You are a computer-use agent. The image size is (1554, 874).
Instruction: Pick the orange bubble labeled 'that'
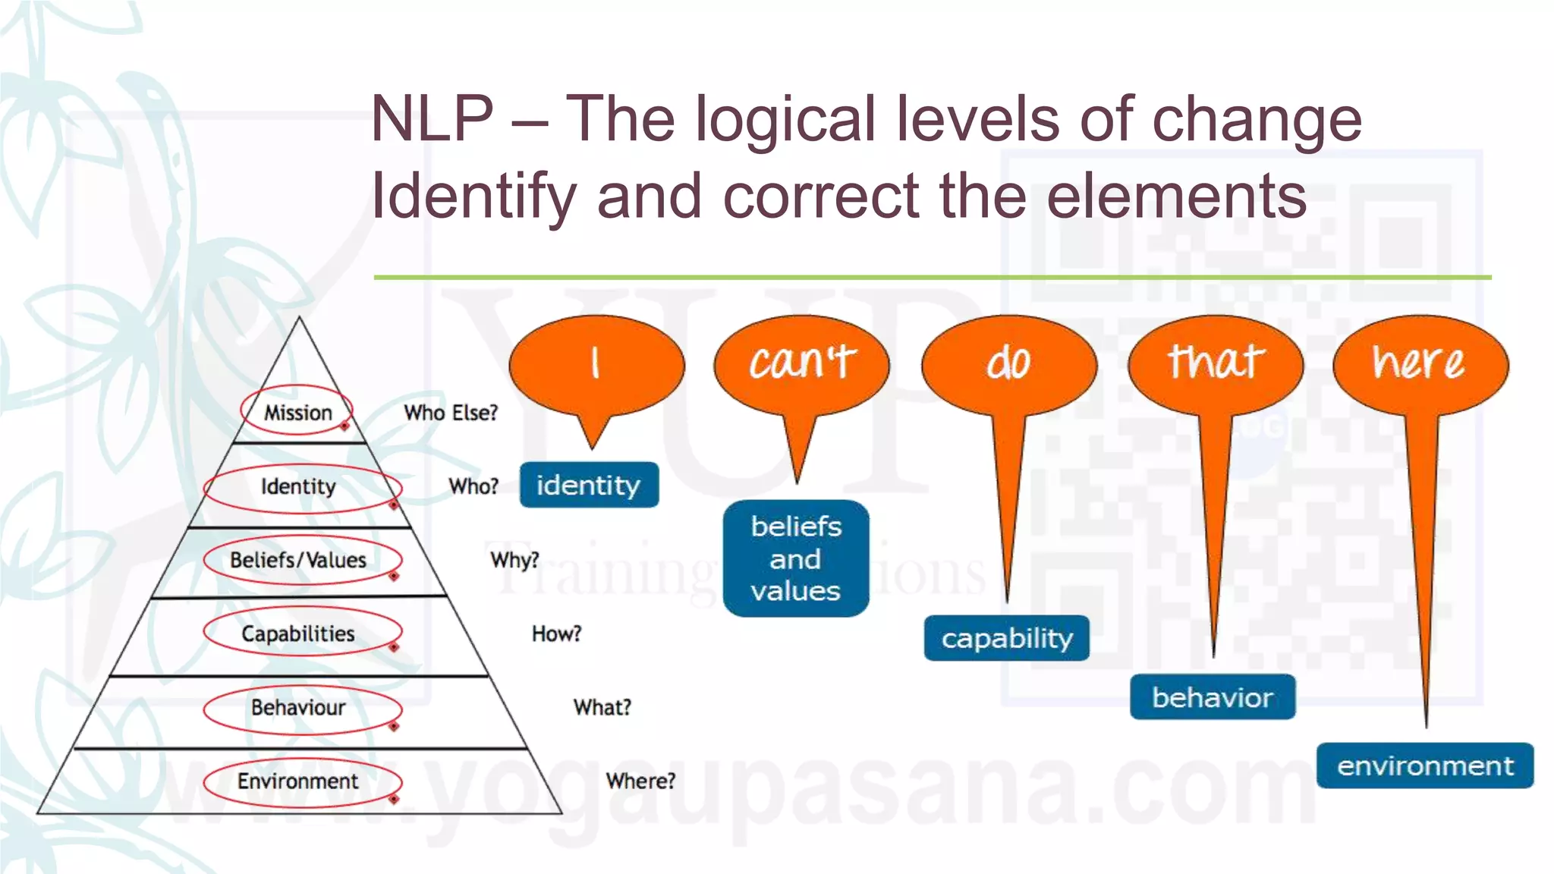1216,363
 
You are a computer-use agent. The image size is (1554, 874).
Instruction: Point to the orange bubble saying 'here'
1419,363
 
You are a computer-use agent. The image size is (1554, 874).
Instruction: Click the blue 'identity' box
589,485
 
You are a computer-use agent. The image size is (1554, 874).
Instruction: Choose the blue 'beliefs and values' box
795,558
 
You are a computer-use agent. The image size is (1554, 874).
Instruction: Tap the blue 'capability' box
1006,638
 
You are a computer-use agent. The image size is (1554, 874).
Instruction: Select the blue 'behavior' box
1212,696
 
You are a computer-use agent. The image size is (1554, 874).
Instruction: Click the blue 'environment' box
1424,766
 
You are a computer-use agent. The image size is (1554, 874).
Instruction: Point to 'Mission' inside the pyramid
298,412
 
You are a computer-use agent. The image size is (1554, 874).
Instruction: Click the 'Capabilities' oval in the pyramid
299,633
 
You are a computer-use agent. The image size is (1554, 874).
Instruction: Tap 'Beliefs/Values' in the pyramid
299,560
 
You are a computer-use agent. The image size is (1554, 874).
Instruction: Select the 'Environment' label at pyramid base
298,781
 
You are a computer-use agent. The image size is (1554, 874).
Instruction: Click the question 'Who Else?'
451,413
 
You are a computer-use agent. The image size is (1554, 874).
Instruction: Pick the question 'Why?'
514,560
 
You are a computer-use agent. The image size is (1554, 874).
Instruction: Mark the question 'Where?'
640,781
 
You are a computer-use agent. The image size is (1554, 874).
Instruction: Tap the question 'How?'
556,633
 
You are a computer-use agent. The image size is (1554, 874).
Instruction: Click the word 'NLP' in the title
432,119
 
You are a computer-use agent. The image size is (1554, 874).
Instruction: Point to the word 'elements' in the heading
1176,196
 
